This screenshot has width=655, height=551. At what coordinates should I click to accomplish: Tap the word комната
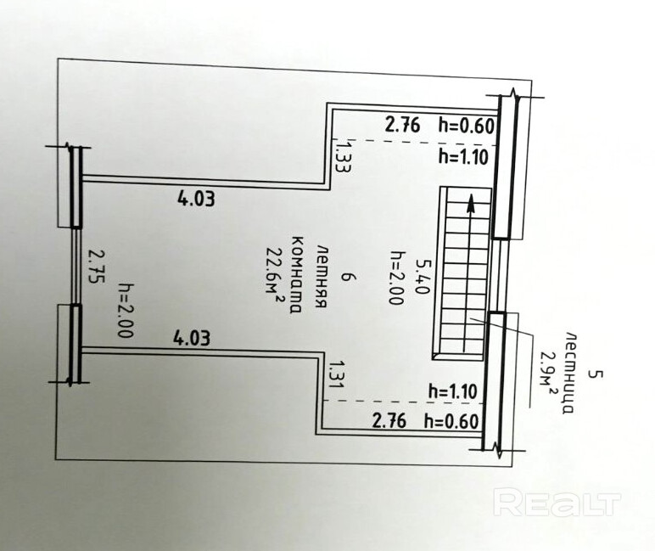pos(297,274)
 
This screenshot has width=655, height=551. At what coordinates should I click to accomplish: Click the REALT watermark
pos(557,503)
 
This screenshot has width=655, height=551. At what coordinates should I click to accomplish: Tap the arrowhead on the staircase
pos(470,205)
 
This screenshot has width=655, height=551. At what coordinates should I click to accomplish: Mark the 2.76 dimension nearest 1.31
pos(389,419)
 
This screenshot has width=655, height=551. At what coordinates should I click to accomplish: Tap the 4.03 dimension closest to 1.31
pos(193,338)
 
